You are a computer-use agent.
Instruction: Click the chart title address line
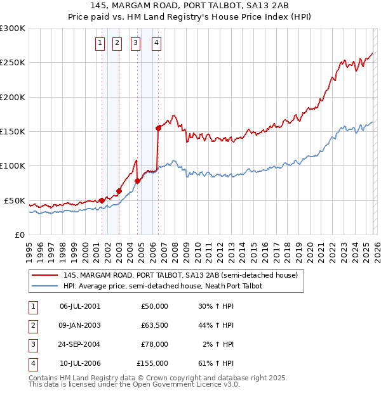click(190, 5)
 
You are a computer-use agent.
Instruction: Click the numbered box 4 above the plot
click(156, 43)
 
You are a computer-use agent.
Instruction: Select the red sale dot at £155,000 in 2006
click(158, 128)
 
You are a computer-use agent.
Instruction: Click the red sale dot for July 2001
click(102, 200)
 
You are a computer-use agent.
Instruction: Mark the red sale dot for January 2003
click(119, 191)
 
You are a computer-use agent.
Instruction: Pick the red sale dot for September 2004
click(138, 181)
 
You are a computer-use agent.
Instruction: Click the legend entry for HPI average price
click(163, 286)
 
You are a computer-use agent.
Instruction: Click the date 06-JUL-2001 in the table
click(79, 306)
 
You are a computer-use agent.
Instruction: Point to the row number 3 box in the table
click(32, 344)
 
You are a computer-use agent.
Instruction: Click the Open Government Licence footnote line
click(134, 384)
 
